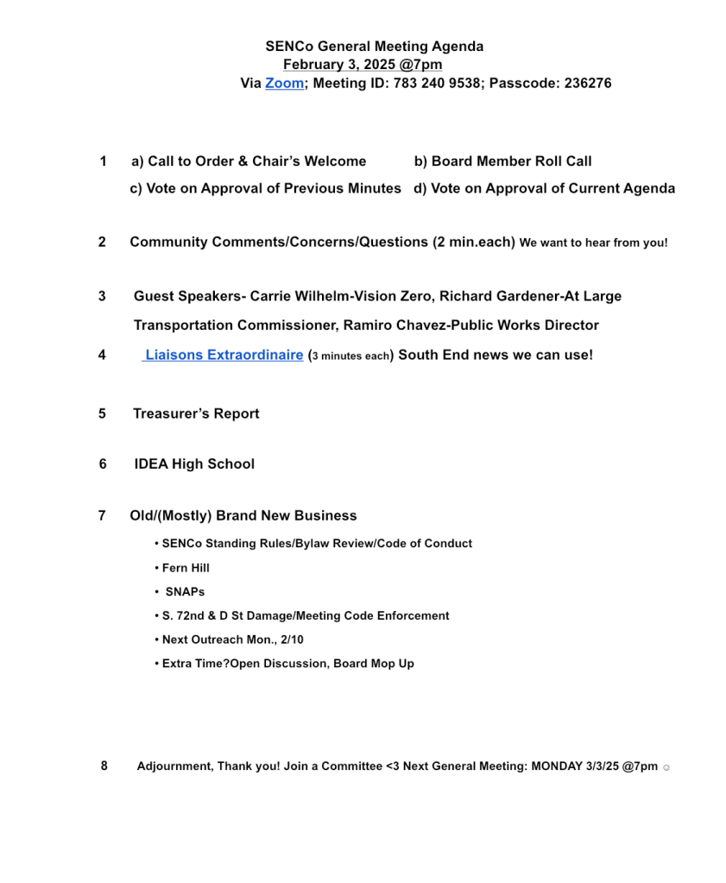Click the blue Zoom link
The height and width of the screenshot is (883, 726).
pos(284,84)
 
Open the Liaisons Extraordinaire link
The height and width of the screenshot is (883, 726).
pos(224,355)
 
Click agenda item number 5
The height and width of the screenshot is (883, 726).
pos(102,413)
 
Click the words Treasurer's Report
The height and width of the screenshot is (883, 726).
pos(196,413)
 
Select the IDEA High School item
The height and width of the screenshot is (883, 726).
pos(194,464)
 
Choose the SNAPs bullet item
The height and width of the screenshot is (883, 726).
pos(185,592)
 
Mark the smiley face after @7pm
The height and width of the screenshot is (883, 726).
pos(666,767)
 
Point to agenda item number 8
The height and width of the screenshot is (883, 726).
pos(104,766)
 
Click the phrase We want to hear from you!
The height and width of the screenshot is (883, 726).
pos(593,243)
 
